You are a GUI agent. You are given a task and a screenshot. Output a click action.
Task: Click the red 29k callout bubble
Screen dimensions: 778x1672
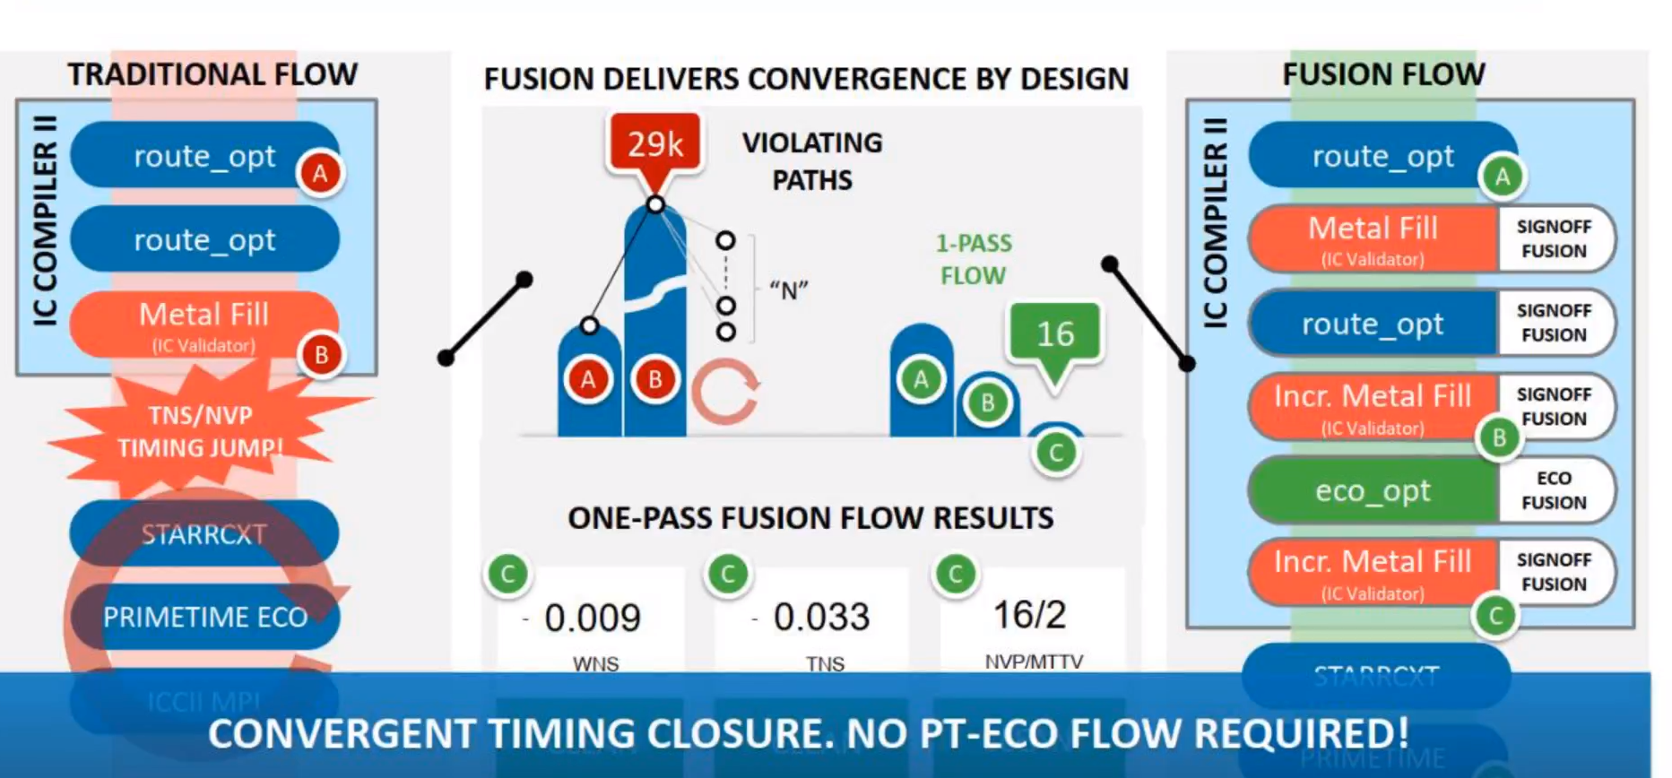654,143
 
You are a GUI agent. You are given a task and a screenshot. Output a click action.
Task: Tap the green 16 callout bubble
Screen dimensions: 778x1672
1055,333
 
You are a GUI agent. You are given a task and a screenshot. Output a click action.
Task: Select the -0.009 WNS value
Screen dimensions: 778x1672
592,617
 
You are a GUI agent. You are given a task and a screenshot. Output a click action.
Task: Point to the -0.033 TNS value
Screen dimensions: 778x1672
820,617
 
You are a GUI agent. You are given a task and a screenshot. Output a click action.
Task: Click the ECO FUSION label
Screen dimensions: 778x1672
1554,490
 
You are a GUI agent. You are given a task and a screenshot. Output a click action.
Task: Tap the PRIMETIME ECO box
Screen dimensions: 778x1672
204,617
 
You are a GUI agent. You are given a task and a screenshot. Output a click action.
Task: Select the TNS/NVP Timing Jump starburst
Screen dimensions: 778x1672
201,431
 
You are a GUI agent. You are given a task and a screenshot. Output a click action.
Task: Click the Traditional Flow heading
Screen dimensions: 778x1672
212,74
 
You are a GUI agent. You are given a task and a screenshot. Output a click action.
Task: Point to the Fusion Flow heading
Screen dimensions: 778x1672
1383,74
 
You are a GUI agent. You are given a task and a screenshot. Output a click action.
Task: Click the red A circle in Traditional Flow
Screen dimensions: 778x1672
320,173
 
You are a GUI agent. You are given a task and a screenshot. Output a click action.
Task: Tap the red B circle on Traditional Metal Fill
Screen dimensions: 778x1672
320,356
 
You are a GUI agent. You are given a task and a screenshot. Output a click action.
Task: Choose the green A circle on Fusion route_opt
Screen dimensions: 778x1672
1503,177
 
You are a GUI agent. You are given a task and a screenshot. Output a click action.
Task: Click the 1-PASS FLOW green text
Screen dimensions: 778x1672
974,259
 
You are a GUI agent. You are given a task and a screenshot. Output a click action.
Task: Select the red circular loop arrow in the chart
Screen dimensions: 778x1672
724,391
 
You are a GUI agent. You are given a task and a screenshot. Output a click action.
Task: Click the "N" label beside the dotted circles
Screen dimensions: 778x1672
788,290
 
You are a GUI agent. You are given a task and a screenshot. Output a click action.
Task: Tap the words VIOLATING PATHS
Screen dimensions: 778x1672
812,161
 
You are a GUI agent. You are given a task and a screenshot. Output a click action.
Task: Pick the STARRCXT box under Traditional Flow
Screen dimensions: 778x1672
204,534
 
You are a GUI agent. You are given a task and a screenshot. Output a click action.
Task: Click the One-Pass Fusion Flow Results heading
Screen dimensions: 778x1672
810,518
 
